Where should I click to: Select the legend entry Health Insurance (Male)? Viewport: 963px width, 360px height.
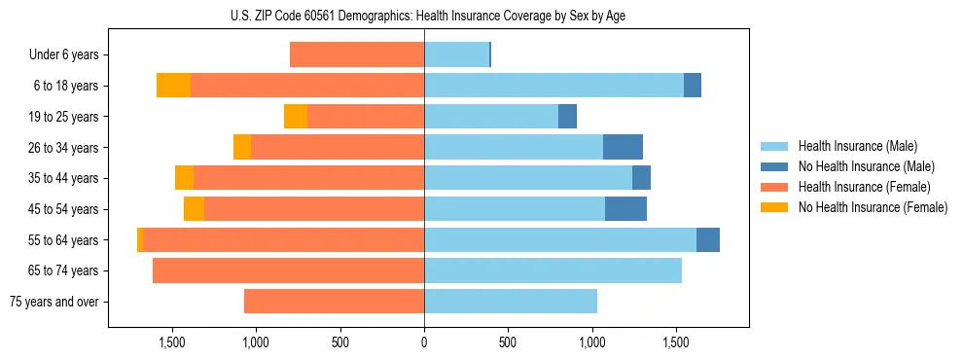click(851, 147)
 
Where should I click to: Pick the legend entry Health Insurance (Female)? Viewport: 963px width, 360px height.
click(856, 187)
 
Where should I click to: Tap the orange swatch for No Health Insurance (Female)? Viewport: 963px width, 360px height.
click(774, 206)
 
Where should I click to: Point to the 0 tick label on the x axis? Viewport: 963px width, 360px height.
click(424, 343)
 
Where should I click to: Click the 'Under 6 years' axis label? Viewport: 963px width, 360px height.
click(63, 55)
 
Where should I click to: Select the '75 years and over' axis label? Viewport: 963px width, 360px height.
click(53, 302)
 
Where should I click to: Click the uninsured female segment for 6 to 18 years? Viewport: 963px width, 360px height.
click(173, 86)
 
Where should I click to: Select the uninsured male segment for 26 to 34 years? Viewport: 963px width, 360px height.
click(623, 147)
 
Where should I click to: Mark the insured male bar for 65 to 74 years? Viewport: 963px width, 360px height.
click(553, 270)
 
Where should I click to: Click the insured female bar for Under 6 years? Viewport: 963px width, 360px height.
click(357, 55)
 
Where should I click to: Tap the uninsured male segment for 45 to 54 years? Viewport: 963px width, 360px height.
click(625, 209)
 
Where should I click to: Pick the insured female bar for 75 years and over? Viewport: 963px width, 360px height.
click(334, 302)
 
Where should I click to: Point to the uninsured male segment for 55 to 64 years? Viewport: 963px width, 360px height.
click(708, 239)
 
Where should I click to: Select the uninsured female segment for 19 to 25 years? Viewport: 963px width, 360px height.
click(296, 117)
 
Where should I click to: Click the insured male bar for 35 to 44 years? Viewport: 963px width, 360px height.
click(528, 178)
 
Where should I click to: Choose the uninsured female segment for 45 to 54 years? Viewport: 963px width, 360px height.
click(194, 209)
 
